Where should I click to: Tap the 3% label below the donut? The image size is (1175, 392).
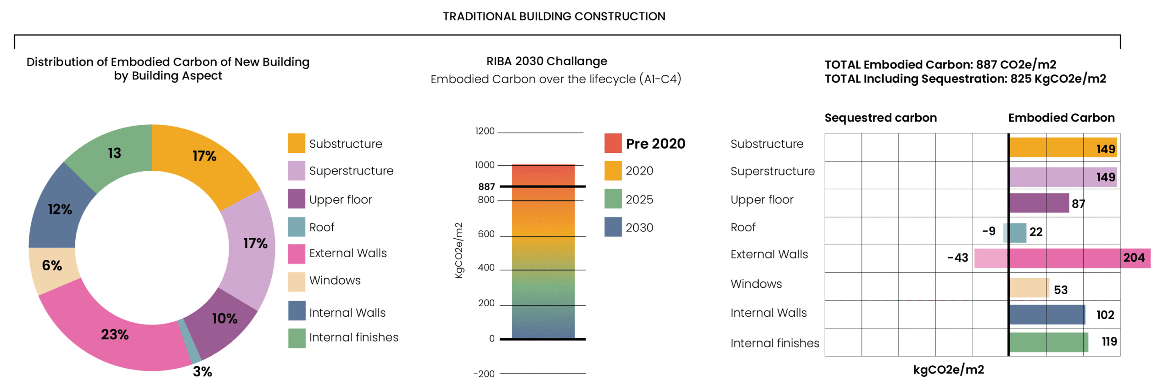click(202, 371)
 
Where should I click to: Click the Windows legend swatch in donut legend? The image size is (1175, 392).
click(296, 281)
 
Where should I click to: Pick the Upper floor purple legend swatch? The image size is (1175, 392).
click(296, 199)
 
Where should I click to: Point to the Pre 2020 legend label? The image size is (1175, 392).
click(655, 144)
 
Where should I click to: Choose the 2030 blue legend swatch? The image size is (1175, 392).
click(613, 227)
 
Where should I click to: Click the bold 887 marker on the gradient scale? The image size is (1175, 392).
click(486, 186)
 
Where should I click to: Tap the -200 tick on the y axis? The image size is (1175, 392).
click(484, 374)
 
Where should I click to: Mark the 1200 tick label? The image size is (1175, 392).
click(485, 131)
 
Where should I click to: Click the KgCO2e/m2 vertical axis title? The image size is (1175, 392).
click(459, 250)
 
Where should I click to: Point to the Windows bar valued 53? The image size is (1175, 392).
click(1029, 287)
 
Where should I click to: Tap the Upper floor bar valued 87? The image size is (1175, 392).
click(1039, 203)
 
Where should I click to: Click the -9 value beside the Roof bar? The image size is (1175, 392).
click(988, 231)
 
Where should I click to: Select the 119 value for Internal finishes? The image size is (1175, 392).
click(1109, 341)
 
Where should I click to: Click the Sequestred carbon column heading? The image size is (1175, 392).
click(880, 118)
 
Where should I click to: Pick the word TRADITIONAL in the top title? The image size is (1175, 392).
click(479, 17)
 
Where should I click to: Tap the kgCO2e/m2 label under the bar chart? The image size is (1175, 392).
click(948, 370)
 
